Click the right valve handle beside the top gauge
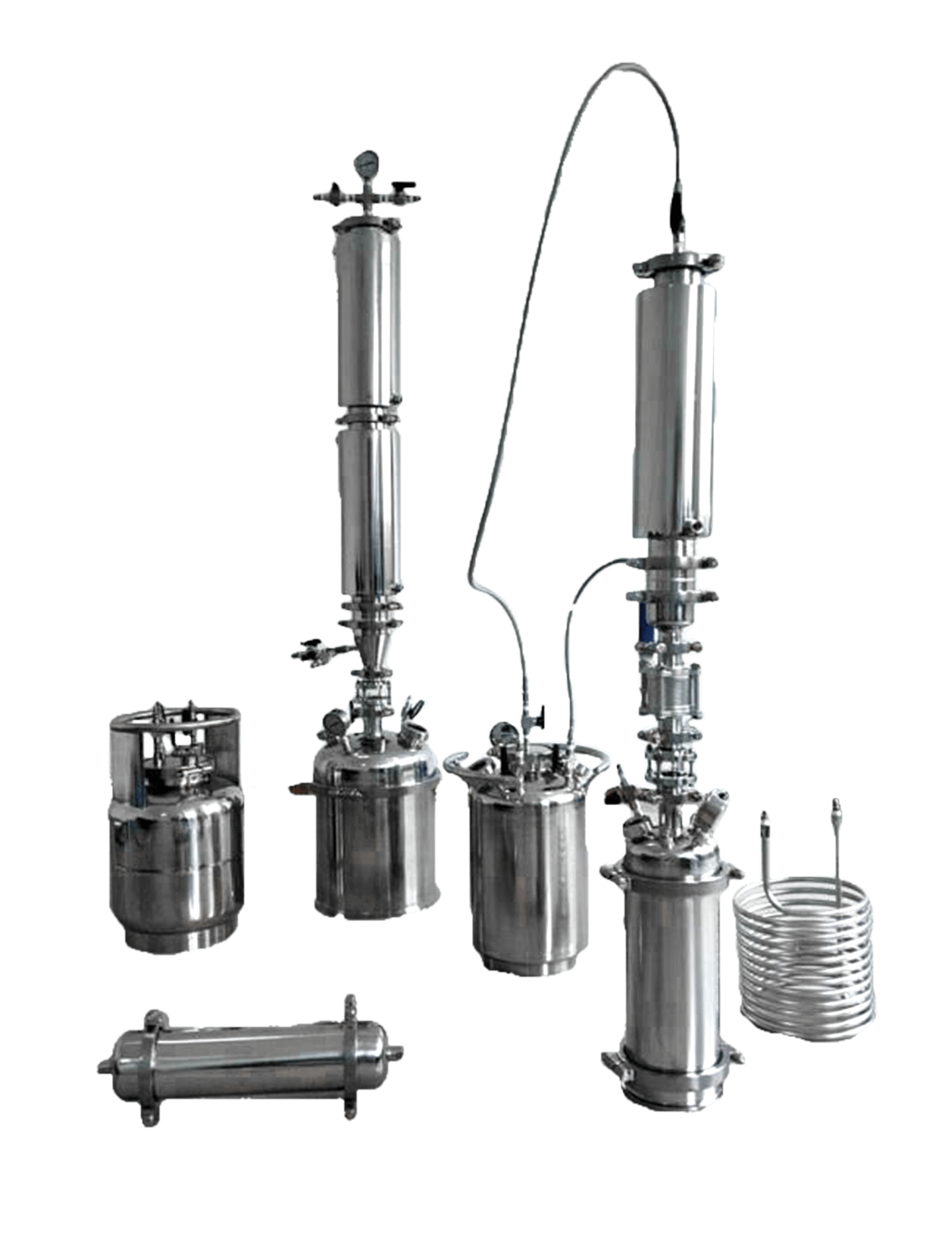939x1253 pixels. [401, 188]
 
